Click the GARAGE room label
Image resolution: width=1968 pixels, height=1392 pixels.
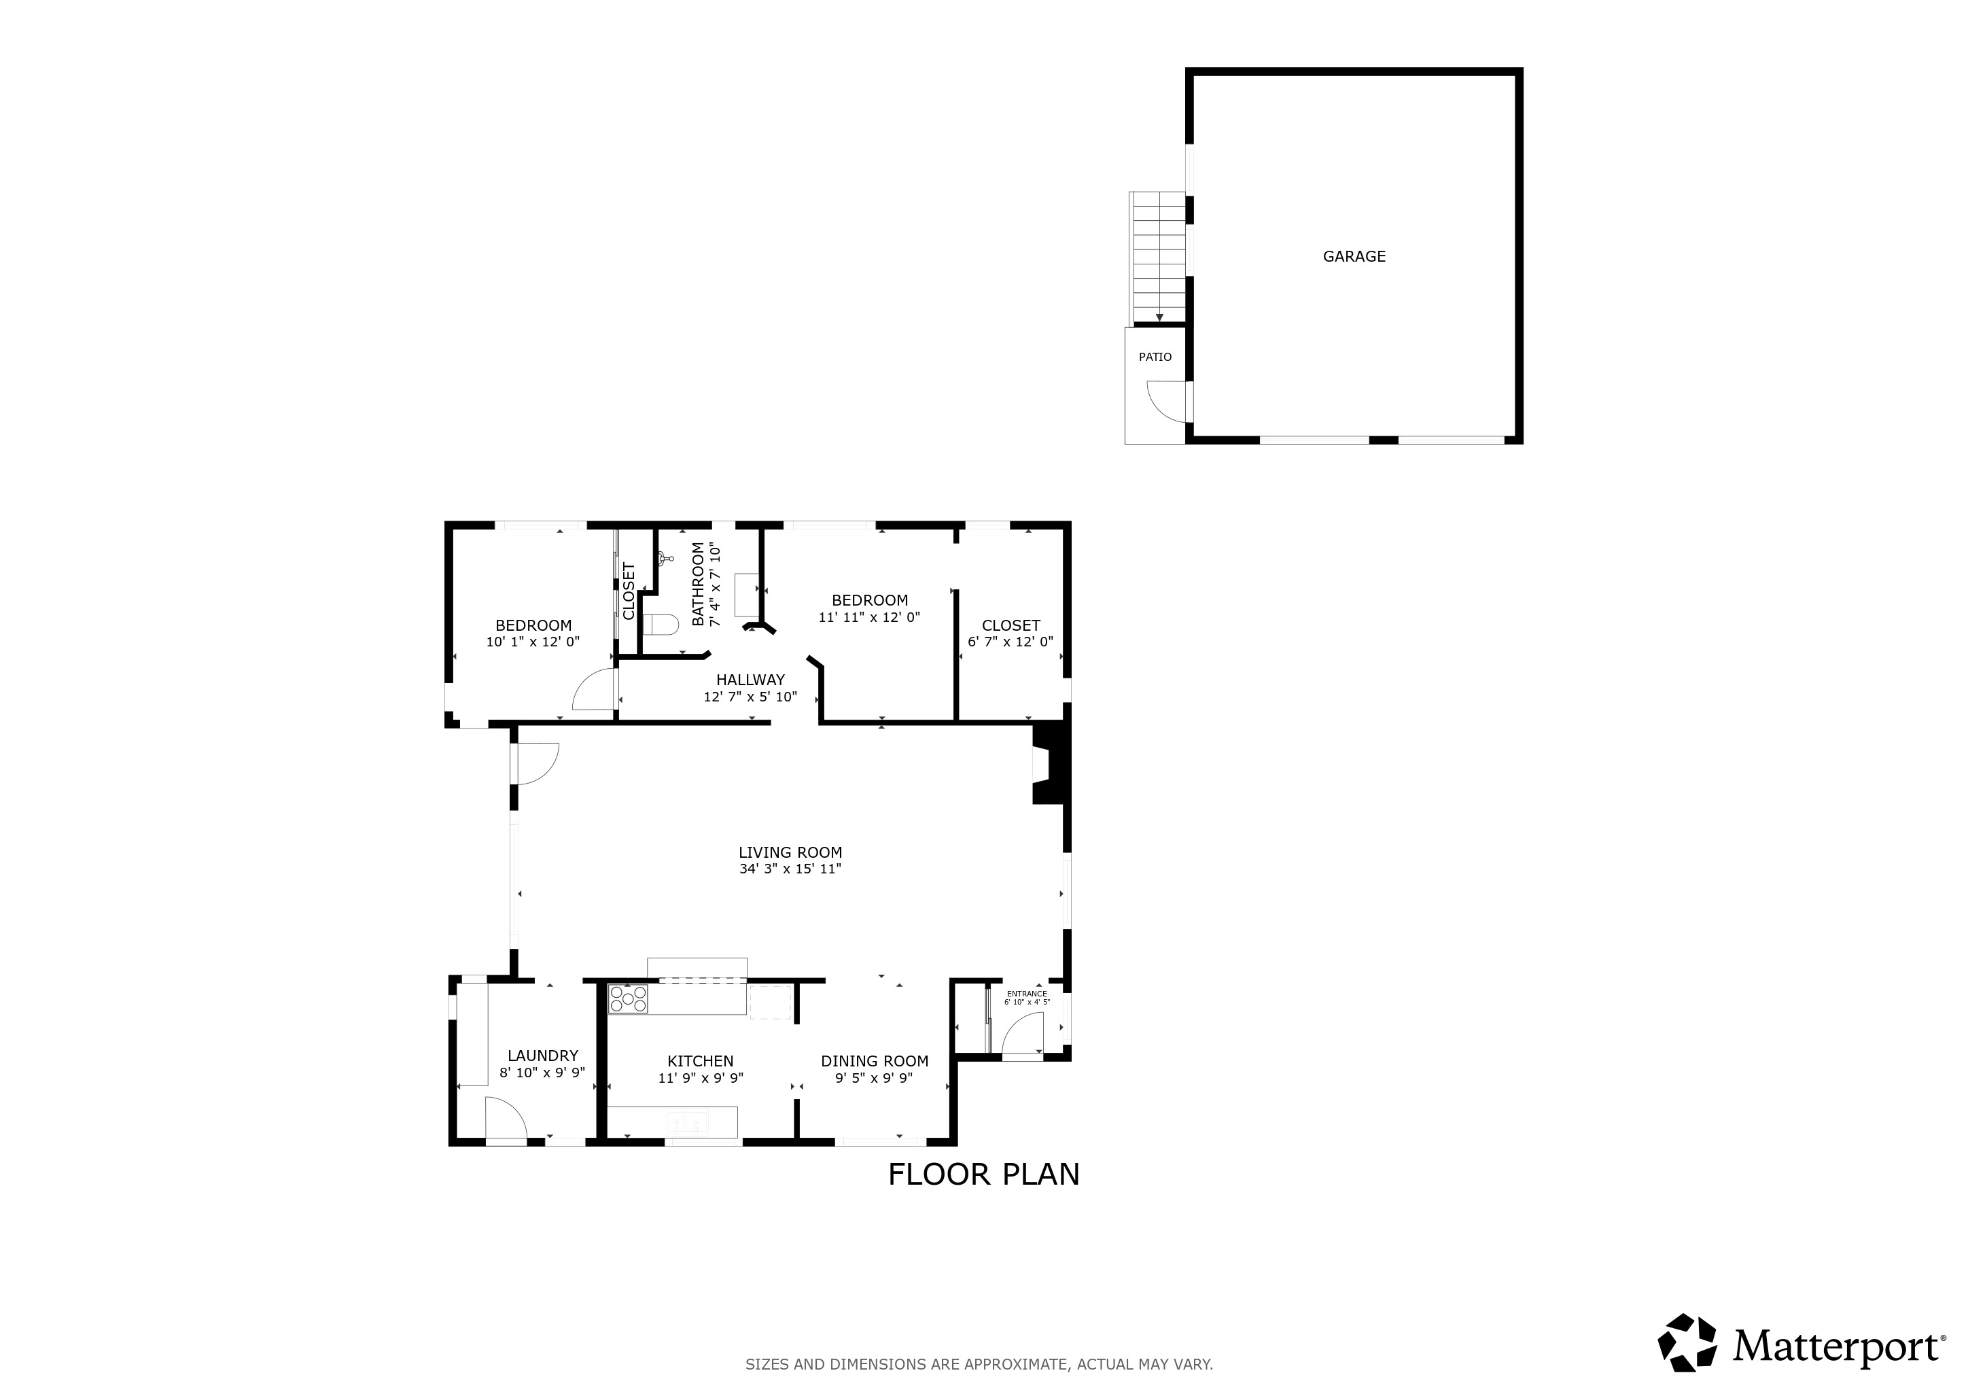click(1354, 256)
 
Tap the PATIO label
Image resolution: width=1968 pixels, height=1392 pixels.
click(1155, 357)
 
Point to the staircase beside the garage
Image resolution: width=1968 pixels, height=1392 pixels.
click(1159, 257)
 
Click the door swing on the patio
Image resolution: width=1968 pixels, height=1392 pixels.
click(1167, 400)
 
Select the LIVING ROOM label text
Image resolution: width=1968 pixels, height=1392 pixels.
click(790, 852)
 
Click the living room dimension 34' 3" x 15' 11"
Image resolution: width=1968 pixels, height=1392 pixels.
click(790, 868)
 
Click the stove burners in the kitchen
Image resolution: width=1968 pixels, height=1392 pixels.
click(627, 998)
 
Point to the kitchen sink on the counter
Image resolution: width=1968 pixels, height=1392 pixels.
click(690, 1120)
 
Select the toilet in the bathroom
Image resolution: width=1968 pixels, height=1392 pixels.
click(659, 624)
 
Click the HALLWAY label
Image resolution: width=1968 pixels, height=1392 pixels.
click(750, 680)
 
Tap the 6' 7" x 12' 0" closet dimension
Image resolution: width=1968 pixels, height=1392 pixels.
click(1010, 641)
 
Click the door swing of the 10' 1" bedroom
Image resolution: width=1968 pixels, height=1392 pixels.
click(595, 690)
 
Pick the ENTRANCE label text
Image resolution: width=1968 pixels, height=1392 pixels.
click(1026, 994)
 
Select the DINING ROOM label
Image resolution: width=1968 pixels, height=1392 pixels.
click(875, 1061)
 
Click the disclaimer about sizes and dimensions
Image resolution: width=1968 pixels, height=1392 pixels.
click(979, 1363)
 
